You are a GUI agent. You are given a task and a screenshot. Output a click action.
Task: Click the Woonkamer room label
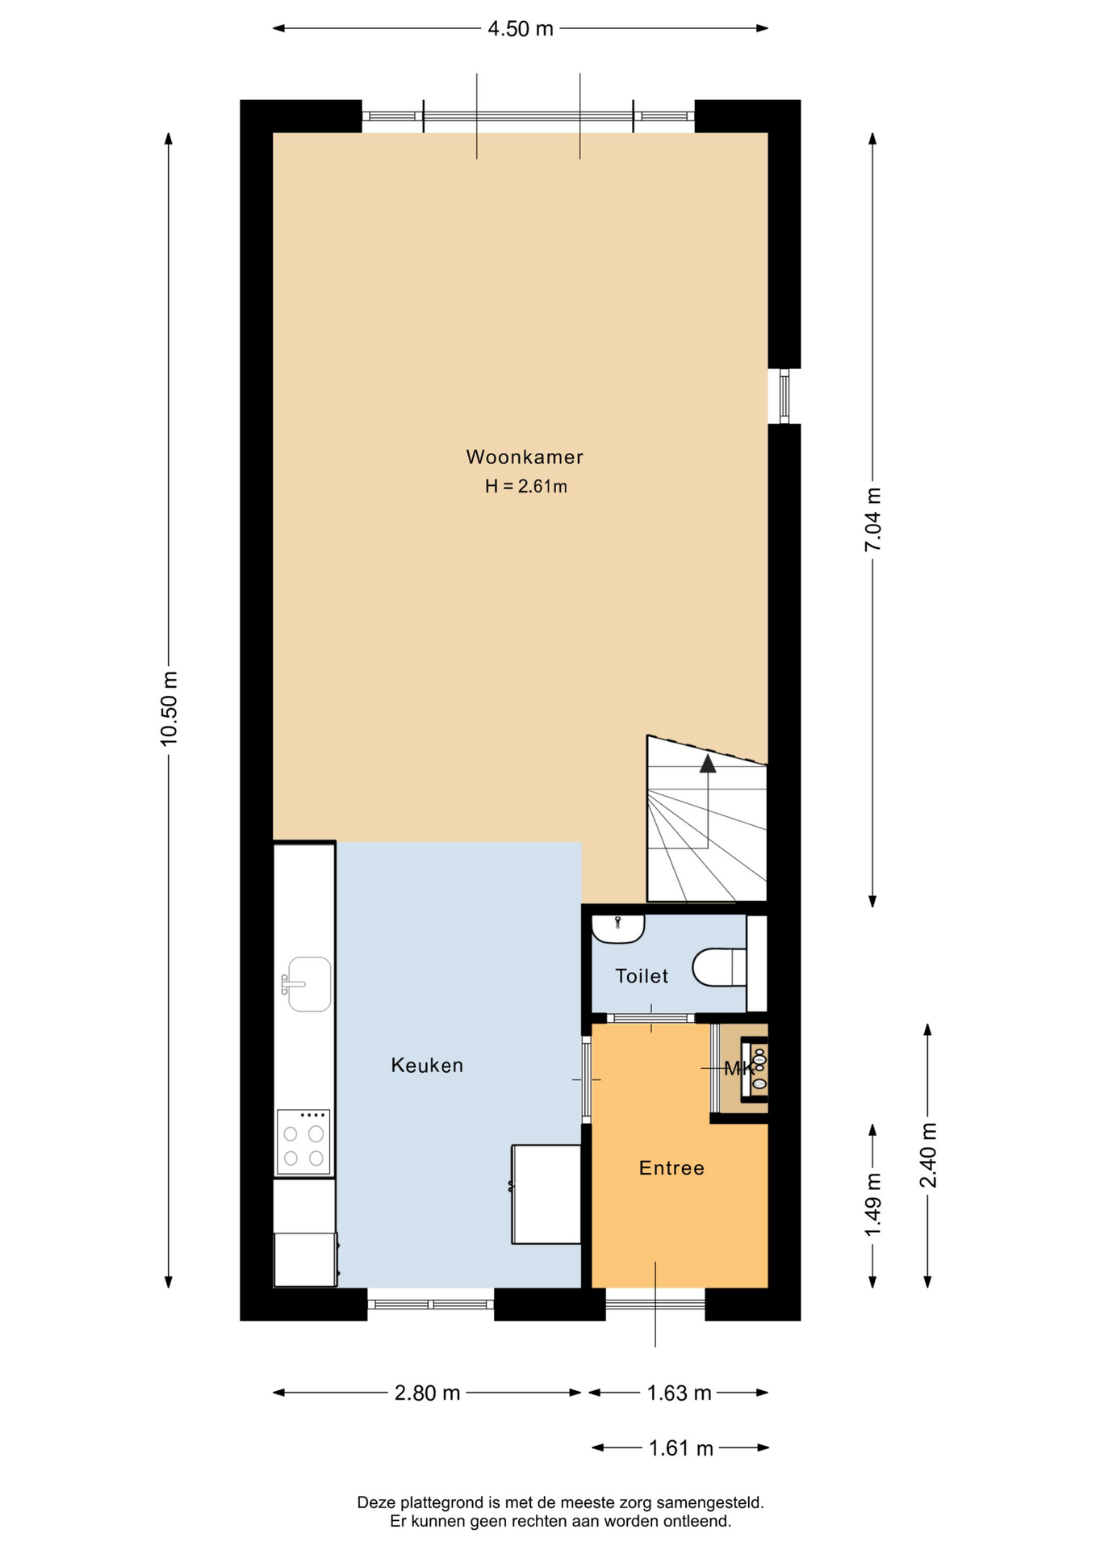coord(525,457)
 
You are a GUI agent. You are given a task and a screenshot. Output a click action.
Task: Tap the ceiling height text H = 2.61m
coord(525,486)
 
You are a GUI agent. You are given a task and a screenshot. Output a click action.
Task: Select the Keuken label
coord(427,1066)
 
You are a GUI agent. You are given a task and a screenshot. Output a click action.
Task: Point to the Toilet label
coord(642,976)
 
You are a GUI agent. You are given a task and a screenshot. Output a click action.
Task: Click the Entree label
coord(671,1168)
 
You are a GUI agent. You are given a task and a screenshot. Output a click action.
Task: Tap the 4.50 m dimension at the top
coord(521,29)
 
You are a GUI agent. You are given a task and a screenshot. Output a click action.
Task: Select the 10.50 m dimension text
coord(169,708)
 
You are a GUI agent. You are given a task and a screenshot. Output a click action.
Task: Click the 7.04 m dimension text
coord(872,520)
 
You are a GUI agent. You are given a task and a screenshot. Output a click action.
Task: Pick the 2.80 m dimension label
coord(427,1393)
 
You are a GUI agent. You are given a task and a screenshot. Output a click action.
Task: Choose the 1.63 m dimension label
coord(679,1393)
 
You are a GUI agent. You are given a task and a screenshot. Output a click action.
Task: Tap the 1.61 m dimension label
coord(680,1448)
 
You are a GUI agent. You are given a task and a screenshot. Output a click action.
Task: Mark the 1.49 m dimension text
coord(872,1204)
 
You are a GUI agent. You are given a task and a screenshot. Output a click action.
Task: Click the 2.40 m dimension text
coord(928,1155)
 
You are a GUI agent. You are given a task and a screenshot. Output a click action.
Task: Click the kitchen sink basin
coord(309,984)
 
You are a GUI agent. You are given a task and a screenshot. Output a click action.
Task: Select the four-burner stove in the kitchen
coord(303,1142)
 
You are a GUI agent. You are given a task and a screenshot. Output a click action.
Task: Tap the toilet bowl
coord(719,967)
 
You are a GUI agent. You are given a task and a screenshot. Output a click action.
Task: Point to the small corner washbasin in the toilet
coord(618,929)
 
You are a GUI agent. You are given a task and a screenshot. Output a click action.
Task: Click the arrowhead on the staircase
coord(708,763)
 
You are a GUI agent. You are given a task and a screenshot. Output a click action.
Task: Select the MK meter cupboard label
coord(738,1069)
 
